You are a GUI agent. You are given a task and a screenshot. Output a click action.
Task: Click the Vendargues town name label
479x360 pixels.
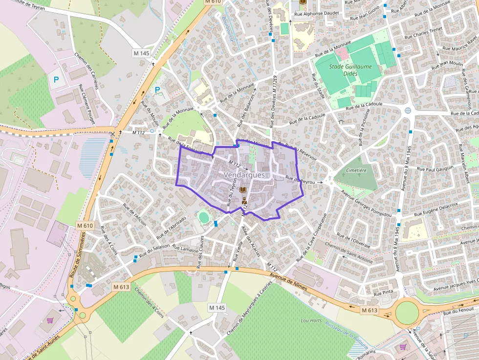[x=244, y=174]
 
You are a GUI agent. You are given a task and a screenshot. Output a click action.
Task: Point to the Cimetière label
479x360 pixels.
[x=356, y=170]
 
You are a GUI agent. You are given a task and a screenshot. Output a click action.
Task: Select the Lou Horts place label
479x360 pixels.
[x=311, y=320]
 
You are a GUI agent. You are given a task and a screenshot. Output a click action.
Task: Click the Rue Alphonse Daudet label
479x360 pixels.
[x=314, y=14]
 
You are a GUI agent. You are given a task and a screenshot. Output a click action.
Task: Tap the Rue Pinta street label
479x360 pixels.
[x=383, y=294]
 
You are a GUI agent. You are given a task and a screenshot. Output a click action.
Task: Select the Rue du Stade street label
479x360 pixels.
[x=318, y=86]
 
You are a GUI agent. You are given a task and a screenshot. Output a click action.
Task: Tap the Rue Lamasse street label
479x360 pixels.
[x=187, y=249]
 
